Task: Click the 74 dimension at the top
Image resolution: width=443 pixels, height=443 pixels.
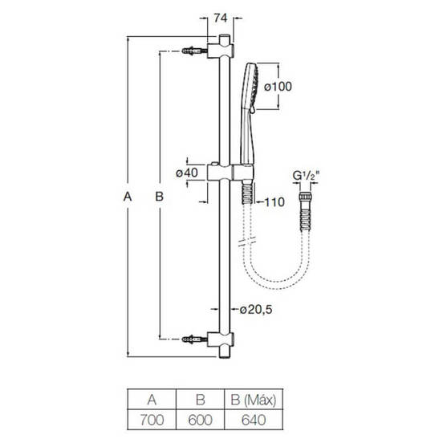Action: pos(221,18)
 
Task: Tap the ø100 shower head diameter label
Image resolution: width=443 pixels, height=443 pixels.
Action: pos(278,87)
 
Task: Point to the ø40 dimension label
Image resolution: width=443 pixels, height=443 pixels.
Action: pos(187,173)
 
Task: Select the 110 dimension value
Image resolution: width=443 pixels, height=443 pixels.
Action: pos(274,202)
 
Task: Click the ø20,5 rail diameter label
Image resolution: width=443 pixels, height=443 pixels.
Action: pos(256,310)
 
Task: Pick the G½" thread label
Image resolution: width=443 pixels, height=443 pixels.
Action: pos(306,176)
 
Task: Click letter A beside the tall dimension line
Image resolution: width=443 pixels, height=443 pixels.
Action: pos(128,197)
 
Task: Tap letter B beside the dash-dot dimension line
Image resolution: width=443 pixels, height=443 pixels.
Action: pos(160,197)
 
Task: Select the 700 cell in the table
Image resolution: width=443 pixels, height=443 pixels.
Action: pos(152,420)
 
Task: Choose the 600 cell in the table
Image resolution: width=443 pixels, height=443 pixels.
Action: pos(201,420)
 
